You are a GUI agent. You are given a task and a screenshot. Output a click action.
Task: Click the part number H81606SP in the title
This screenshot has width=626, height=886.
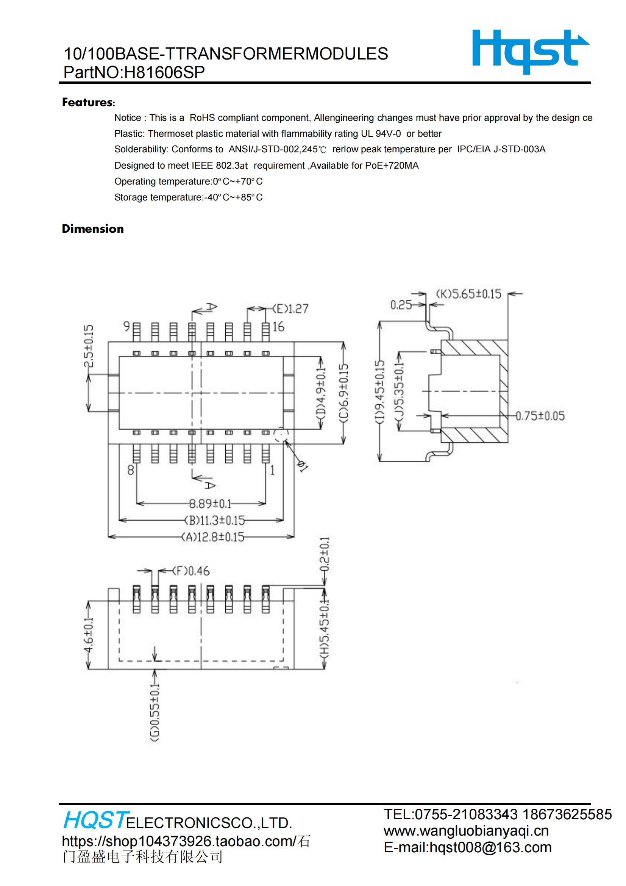164,72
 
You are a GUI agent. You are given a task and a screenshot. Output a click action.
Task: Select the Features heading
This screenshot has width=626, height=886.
88,102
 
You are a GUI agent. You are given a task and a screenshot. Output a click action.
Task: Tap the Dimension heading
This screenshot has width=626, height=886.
93,229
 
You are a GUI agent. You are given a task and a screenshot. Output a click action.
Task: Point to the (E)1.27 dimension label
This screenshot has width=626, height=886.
290,309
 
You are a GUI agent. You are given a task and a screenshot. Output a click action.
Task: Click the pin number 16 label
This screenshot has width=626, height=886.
278,327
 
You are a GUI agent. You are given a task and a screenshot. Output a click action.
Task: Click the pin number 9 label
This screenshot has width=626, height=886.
126,326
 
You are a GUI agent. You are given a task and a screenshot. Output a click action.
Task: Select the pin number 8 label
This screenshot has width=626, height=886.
131,470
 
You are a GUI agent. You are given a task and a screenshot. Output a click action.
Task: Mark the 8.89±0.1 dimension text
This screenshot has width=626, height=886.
210,503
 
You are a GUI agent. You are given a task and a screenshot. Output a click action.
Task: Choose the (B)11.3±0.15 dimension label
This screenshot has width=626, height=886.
214,520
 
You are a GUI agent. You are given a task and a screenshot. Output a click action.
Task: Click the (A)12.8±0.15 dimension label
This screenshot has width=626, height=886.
213,537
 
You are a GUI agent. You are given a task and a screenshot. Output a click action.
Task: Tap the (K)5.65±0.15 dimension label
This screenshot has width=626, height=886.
468,294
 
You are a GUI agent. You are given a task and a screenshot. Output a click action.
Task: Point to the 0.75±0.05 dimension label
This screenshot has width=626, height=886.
540,416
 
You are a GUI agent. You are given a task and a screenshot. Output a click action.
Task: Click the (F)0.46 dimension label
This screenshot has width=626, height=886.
191,571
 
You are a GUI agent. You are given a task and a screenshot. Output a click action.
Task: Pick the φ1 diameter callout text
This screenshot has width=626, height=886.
303,466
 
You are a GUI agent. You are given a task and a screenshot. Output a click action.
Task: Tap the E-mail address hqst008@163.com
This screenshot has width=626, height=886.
467,847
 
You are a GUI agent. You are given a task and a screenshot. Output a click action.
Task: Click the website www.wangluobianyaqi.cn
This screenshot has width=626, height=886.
466,830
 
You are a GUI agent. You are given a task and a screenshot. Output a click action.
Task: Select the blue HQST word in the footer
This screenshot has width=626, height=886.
95,820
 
